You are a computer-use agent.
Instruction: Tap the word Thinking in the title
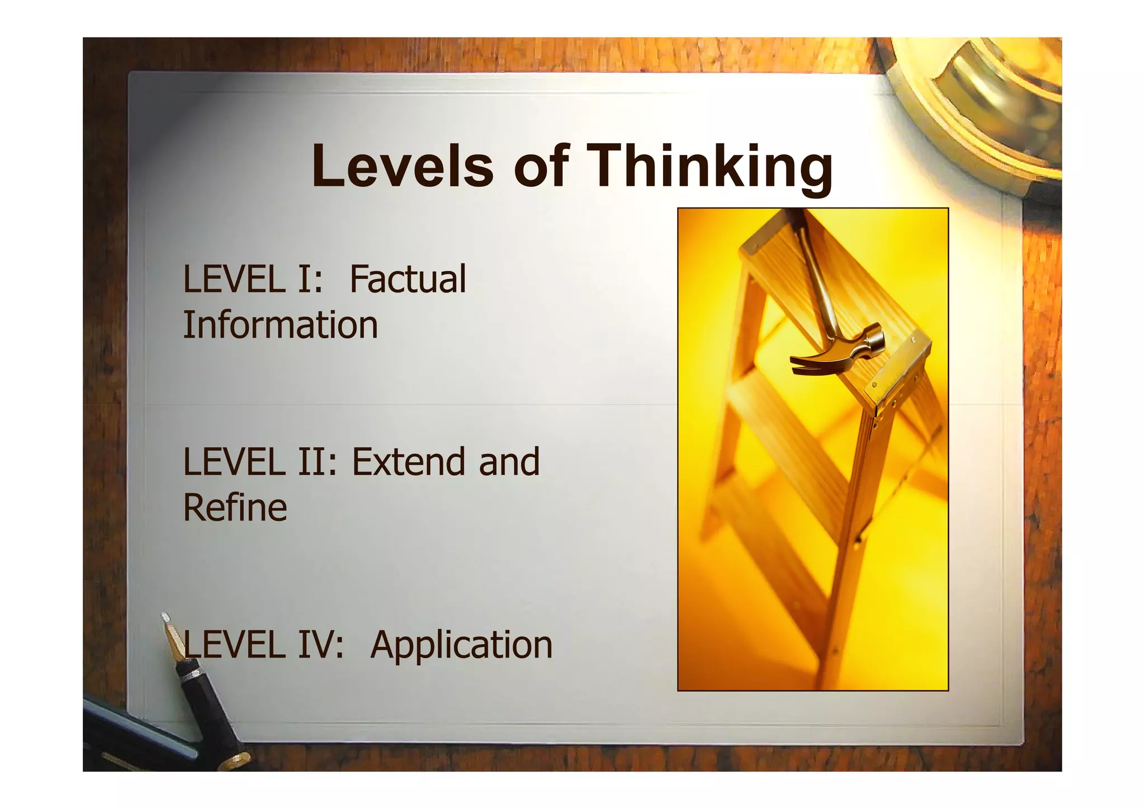[x=711, y=167]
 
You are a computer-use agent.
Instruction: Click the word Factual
[x=408, y=279]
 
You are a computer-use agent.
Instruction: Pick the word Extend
[x=408, y=462]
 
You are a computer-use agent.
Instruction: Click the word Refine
[x=235, y=508]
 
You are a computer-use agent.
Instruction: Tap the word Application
[x=461, y=645]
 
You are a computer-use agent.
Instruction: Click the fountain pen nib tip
[x=165, y=618]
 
